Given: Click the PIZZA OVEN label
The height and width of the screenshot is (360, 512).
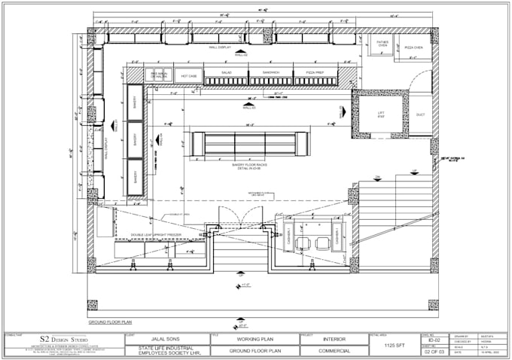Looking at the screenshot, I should coord(413,47).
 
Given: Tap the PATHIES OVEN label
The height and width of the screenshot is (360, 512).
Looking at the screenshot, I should coord(382,44).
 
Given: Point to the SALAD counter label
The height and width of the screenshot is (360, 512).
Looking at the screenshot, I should coord(226,73).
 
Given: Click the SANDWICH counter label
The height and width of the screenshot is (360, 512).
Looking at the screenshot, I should coord(271,73).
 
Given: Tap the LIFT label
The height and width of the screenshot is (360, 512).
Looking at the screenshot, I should coord(381,114).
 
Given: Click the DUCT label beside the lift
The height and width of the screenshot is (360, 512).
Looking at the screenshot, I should coord(420,115).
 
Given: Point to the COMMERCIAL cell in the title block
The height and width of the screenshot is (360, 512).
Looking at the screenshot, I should coord(334,349).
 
